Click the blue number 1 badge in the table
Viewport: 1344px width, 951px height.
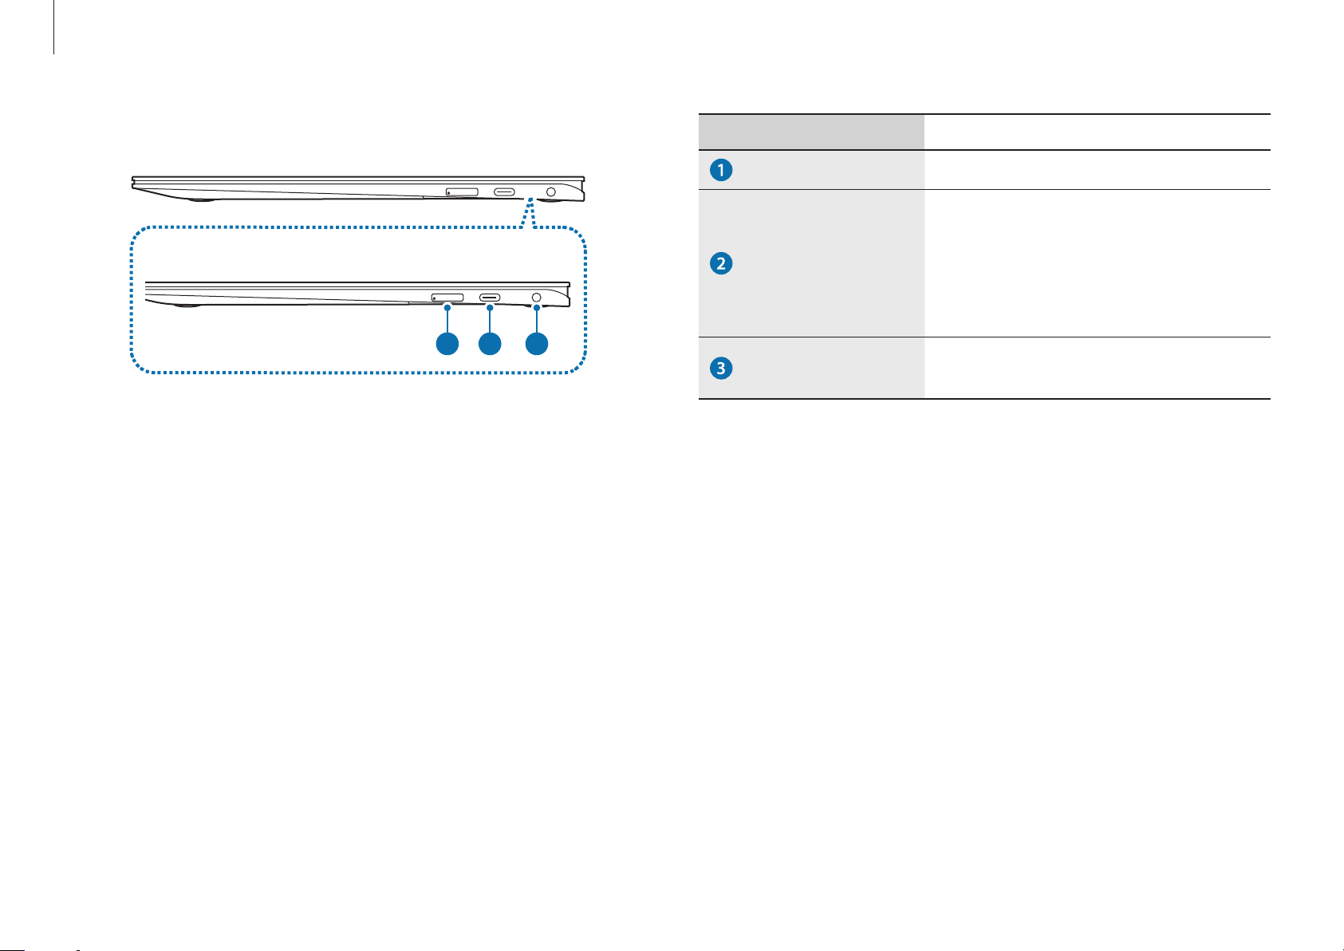pos(721,171)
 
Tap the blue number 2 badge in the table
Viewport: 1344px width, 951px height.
pos(721,263)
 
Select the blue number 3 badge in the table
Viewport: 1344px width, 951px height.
pos(721,368)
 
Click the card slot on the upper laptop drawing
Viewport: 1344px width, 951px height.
pos(462,192)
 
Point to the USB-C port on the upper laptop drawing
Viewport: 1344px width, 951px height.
pos(504,192)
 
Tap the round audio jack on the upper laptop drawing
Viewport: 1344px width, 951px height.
pos(551,192)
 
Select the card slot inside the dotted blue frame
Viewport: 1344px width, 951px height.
pos(447,298)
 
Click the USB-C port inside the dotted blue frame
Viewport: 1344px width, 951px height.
pos(490,298)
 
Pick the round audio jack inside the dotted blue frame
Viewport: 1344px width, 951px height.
pos(536,298)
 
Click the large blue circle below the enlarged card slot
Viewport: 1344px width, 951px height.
pos(447,345)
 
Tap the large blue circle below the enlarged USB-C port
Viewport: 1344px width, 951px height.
pos(490,345)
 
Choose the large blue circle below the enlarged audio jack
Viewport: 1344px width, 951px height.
pos(536,345)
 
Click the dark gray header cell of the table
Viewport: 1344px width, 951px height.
pos(811,132)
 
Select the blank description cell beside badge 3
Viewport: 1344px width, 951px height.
pos(1098,368)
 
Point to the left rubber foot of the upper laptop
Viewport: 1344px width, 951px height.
pos(201,199)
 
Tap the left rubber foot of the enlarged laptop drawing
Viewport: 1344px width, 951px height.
pos(187,306)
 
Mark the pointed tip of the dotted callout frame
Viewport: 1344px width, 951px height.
pos(530,199)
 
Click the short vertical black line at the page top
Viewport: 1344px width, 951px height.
pos(54,27)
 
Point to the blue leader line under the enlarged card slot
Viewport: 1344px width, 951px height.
pos(447,322)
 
